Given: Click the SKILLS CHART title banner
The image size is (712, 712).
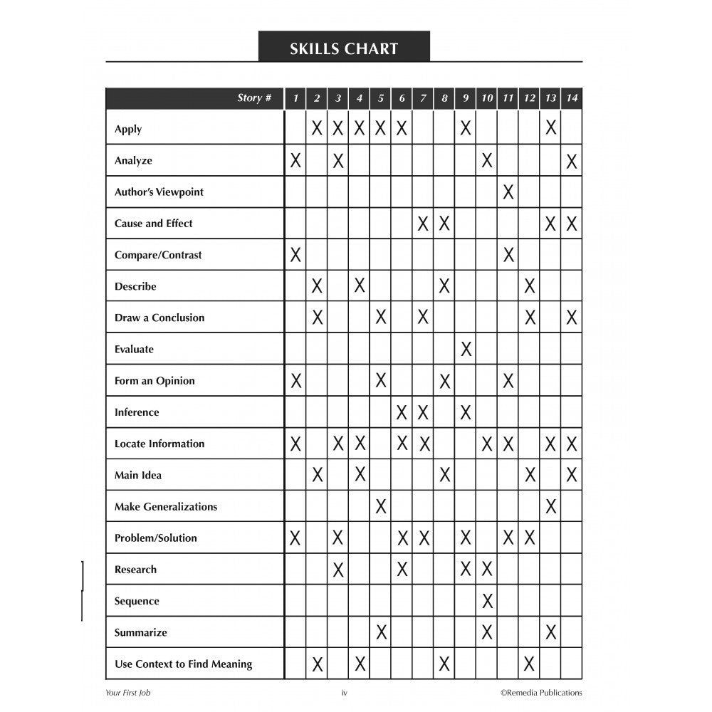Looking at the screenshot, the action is coord(344,48).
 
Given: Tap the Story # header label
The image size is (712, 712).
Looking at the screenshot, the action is coord(254,98).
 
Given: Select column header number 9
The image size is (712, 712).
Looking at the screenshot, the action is coord(466,98).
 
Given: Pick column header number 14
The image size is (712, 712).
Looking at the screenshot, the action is coord(572,98).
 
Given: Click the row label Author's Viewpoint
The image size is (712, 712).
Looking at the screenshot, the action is coord(159,192).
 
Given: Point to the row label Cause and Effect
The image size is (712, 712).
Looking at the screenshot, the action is coord(153,224).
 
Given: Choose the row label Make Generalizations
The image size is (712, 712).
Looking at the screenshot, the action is coord(165,507).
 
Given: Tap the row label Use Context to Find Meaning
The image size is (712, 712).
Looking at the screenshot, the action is coord(183,664).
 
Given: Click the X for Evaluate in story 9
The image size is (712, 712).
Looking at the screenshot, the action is coord(466,350).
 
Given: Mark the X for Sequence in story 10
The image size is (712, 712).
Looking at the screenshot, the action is coord(487,601).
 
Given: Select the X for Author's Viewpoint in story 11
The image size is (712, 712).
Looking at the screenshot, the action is coord(508,192).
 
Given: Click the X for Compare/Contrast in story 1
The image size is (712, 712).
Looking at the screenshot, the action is coord(295,255).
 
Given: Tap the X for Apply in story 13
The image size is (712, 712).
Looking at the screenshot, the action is coord(550,129).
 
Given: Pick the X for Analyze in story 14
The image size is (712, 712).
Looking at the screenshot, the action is coord(572,161).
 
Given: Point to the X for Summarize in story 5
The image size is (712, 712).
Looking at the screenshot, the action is coord(381,632).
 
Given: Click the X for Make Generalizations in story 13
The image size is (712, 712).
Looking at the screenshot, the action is coord(550,507).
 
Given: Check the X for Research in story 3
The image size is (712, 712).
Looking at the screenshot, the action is coord(338,570).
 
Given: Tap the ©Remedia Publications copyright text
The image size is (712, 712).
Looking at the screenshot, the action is coord(540,692).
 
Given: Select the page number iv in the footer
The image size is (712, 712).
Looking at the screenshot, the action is coord(344,692).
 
